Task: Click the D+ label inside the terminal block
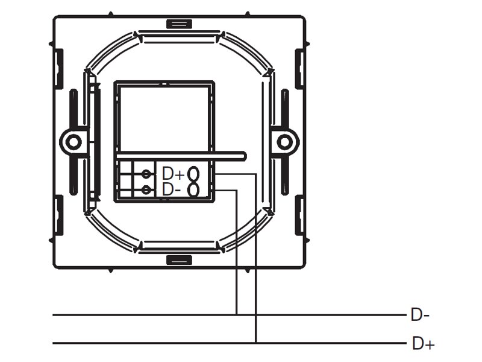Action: tap(173, 174)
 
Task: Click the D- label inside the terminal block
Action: tap(171, 189)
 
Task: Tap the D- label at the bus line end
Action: tap(420, 316)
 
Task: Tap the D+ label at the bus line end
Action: tap(424, 343)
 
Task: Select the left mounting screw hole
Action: tap(74, 142)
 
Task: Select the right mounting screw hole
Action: tap(284, 142)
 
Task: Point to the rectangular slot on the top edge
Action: tap(179, 24)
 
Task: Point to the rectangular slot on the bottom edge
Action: tap(179, 260)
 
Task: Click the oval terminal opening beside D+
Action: tap(193, 173)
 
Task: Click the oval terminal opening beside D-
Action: tap(193, 189)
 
